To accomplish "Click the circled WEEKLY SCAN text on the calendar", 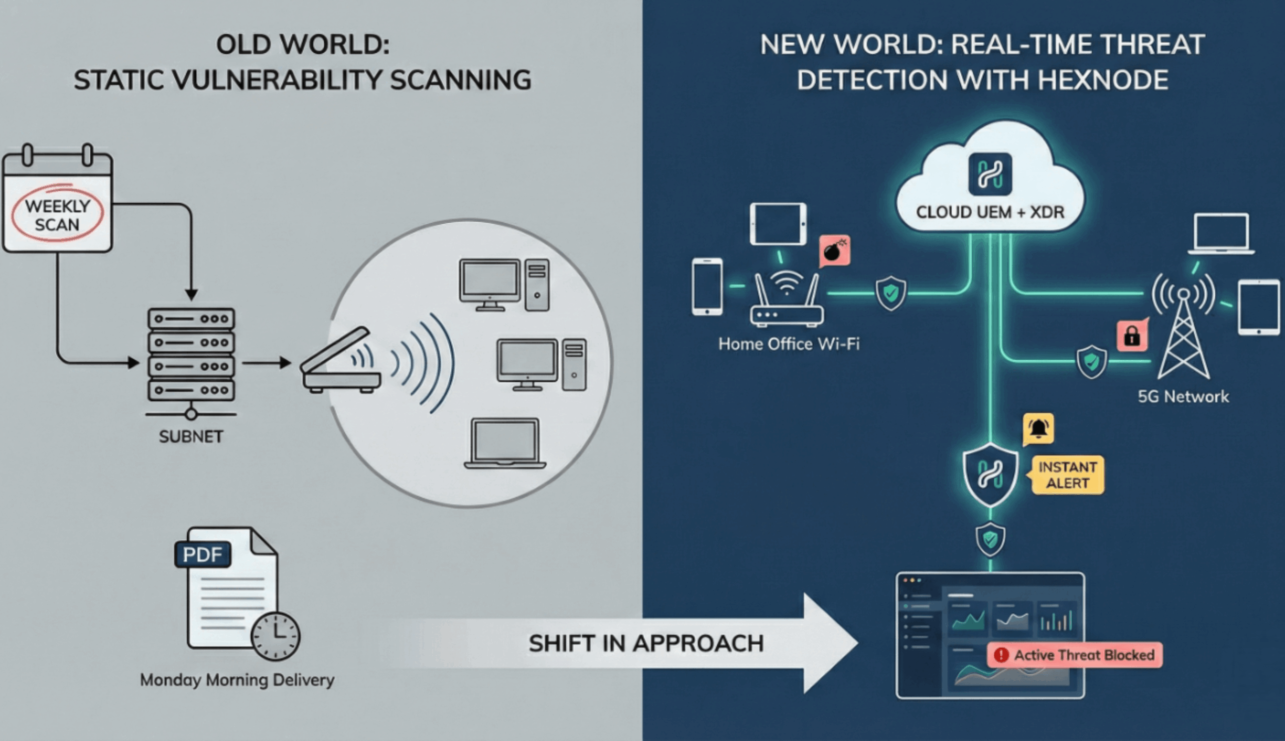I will [57, 215].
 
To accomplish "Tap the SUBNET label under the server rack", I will [191, 436].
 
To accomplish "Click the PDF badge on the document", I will [203, 554].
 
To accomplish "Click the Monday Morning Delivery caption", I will [237, 680].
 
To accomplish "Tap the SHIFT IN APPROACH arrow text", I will [646, 643].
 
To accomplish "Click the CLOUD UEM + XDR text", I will [990, 212].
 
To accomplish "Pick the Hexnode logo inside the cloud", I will [990, 175].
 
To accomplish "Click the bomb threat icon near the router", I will [834, 251].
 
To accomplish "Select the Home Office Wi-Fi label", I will [789, 344].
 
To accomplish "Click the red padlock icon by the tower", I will [1132, 336].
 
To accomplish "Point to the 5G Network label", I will [1183, 396].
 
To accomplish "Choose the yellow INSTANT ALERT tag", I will [1068, 475].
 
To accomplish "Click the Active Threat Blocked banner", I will [1075, 655].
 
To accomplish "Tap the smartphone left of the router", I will [707, 286].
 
